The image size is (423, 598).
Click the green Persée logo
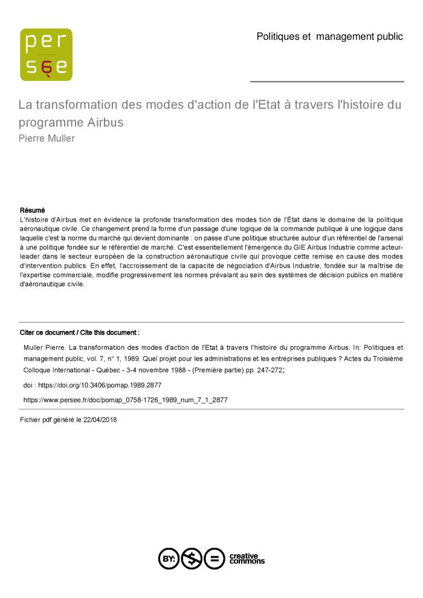click(46, 54)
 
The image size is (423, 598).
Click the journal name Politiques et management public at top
click(329, 36)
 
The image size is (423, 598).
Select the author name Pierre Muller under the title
click(47, 138)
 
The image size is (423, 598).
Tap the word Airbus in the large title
click(105, 122)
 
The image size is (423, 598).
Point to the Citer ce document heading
click(80, 332)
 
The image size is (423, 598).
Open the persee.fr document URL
click(125, 400)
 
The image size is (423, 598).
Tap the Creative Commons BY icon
click(169, 559)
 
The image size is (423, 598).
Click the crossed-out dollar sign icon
click(192, 559)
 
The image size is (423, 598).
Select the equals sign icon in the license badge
click(214, 559)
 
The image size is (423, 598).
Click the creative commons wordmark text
click(247, 559)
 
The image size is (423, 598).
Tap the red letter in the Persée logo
click(47, 67)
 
